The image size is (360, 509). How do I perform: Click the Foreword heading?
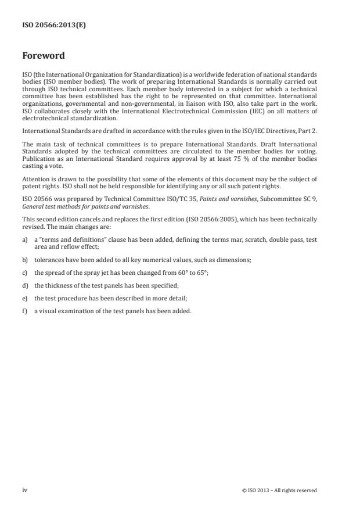tap(44, 56)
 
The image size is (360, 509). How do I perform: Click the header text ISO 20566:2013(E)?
tap(54, 26)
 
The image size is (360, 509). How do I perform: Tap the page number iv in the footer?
tap(25, 490)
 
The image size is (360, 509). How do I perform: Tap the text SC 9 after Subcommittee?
tap(311, 199)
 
